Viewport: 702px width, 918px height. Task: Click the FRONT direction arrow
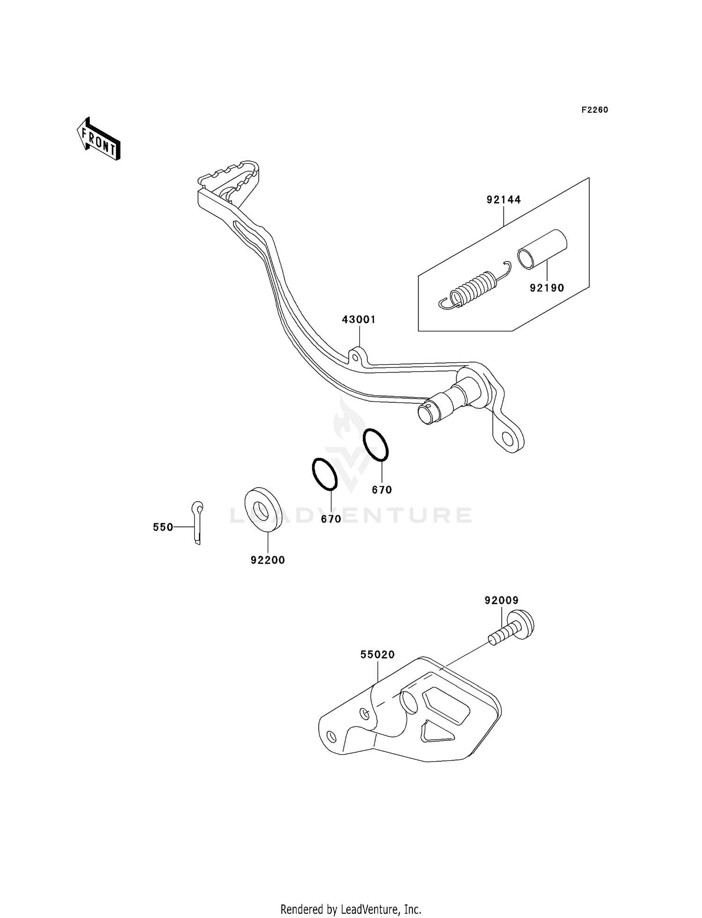tap(99, 139)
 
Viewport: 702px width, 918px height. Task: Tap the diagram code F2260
tap(594, 110)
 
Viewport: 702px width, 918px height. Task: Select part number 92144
tap(503, 200)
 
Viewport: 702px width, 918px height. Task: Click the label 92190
tap(547, 288)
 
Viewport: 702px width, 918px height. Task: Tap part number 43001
tap(358, 320)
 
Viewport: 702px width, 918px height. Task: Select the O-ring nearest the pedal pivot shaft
tap(376, 444)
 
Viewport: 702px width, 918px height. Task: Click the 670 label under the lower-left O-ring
tap(331, 519)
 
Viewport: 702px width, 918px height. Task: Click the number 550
tap(163, 527)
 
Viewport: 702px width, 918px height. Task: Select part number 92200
tap(268, 560)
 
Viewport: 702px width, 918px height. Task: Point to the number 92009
tap(502, 600)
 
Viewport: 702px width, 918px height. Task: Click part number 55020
tap(377, 655)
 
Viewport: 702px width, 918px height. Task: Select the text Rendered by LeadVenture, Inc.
tap(351, 909)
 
